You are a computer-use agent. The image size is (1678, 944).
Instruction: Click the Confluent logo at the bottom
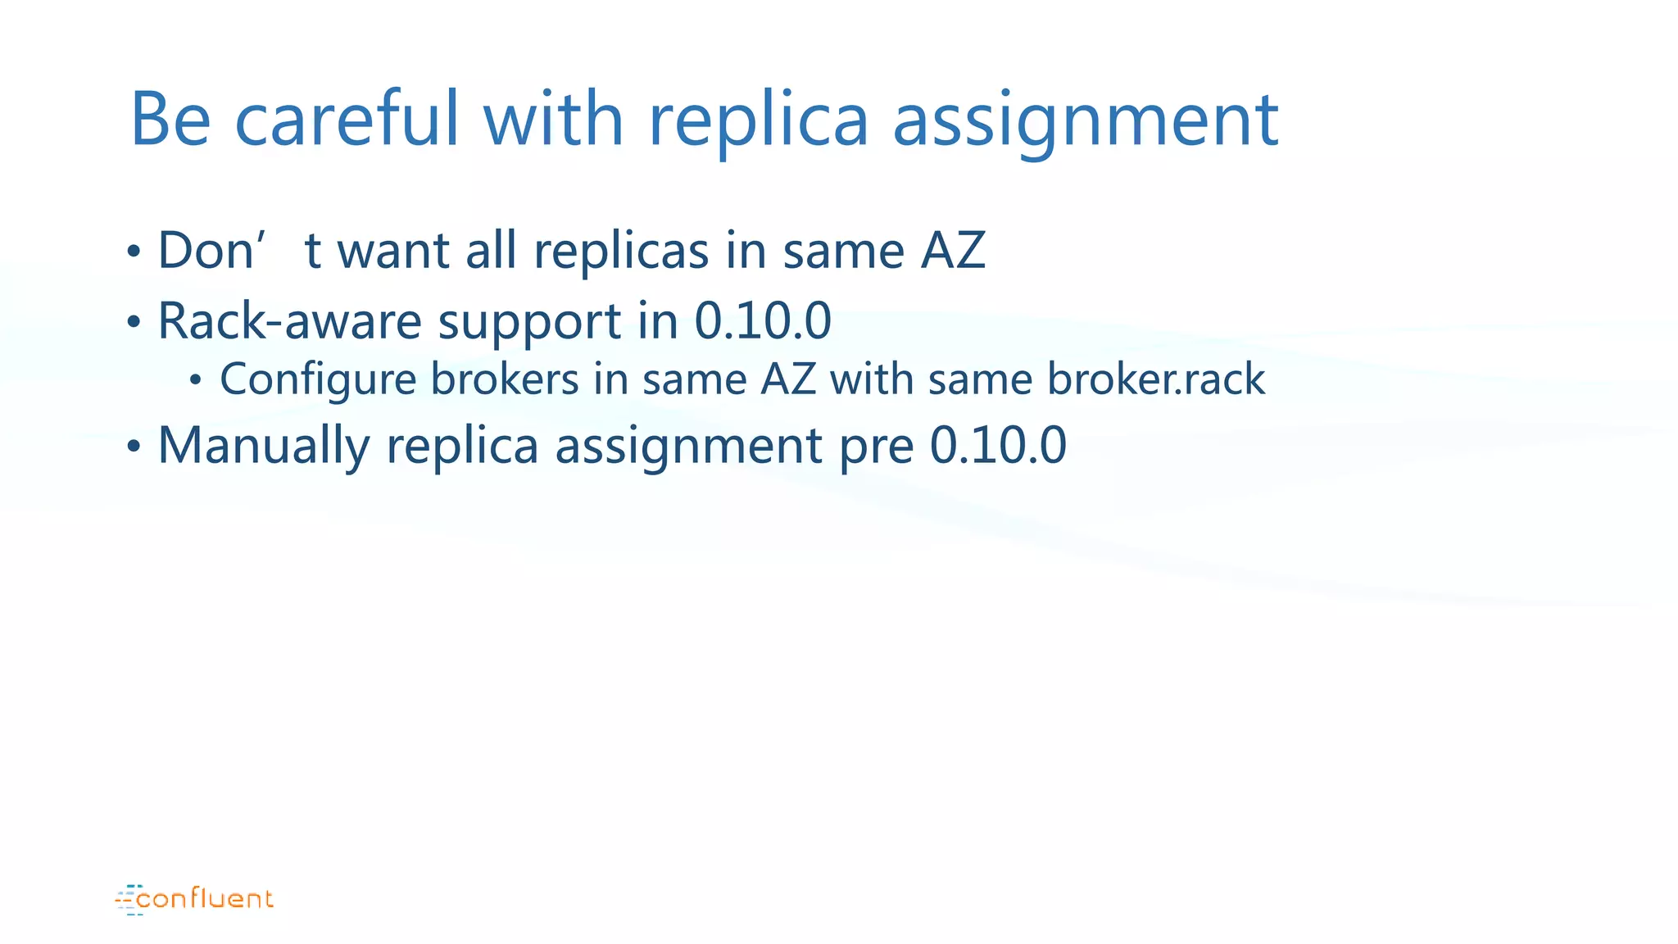195,899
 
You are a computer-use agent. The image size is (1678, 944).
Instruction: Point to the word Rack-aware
289,320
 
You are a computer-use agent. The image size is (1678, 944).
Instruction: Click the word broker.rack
1156,379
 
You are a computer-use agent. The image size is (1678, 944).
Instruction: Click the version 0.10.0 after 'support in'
763,320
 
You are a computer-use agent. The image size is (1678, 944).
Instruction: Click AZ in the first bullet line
953,250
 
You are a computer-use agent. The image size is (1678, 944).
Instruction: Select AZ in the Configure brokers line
788,379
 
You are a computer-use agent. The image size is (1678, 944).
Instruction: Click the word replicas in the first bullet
620,252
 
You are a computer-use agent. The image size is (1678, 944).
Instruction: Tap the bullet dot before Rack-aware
134,322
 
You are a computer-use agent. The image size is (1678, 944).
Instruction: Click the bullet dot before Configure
195,380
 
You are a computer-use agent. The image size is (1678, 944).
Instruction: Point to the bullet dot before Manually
134,447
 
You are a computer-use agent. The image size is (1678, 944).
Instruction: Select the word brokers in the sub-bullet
505,379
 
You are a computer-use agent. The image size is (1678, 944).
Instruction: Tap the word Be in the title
170,120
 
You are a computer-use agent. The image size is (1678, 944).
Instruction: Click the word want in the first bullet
393,251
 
